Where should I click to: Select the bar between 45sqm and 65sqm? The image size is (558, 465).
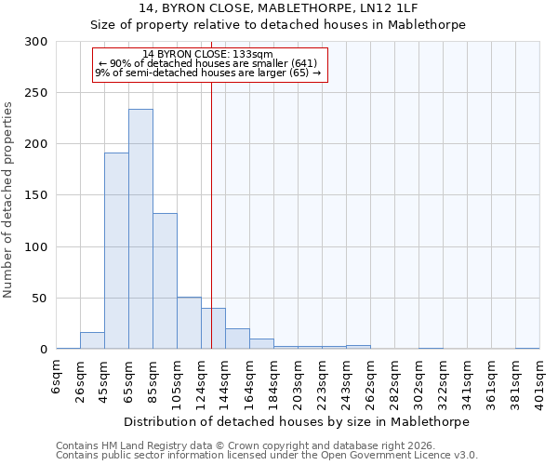coord(116,251)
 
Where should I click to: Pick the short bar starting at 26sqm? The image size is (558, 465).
coord(92,341)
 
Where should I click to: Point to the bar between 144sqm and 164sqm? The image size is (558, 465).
coord(237,339)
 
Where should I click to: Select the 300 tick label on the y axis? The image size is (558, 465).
coord(36,42)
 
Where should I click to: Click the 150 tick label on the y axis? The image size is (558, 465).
coord(36,196)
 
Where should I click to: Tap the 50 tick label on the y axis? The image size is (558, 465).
coord(40,299)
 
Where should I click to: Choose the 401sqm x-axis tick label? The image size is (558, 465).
coord(540,380)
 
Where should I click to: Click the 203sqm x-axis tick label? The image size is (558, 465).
coord(299,380)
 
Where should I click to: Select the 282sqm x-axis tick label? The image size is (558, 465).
coord(395,380)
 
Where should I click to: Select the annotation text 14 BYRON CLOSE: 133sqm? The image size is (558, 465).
coord(207,54)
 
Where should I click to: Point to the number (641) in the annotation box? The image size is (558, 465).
coord(303,63)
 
